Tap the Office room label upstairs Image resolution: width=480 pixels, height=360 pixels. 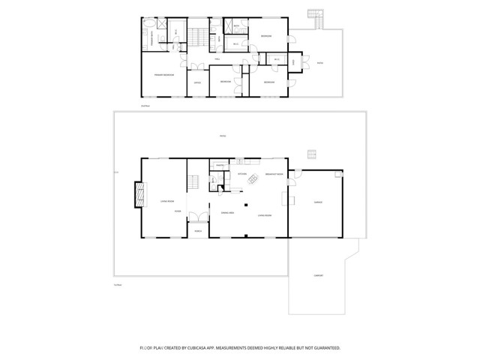197,82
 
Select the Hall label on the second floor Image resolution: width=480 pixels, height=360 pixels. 217,58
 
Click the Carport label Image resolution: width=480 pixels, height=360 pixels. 319,275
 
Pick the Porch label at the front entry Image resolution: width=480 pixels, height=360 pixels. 199,230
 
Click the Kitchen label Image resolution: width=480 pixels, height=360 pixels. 242,174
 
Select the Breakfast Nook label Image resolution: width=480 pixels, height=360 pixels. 274,174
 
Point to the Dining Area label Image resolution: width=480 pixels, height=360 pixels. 229,214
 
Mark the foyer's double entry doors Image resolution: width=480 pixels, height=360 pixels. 199,220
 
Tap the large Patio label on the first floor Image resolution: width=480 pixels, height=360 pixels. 221,136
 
